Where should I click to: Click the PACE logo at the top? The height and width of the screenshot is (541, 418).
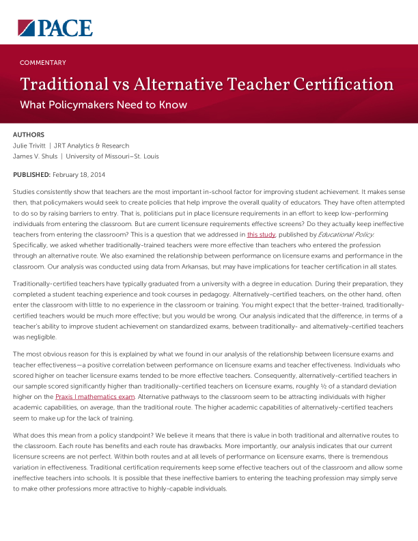click(x=55, y=27)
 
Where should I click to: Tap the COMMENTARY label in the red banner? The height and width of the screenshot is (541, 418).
click(x=43, y=63)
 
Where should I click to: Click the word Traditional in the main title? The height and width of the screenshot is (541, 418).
click(x=64, y=85)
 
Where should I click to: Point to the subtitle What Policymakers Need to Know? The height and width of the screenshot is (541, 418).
click(x=103, y=105)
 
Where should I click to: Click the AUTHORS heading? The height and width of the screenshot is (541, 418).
click(x=29, y=135)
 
